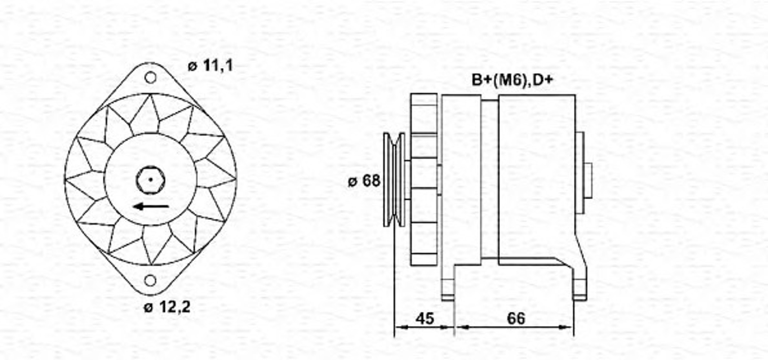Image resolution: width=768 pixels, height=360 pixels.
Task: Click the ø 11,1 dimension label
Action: [210, 66]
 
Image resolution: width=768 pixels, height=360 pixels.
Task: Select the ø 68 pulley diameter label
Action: [364, 181]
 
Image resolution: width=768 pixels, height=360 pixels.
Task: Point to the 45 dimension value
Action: [425, 318]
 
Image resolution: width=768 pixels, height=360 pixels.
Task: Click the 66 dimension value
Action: [516, 318]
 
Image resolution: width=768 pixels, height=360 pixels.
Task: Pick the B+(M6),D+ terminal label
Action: [512, 80]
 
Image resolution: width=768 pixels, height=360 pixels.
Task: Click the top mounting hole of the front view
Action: [150, 78]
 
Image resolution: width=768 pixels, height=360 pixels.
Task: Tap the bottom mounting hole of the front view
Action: [150, 281]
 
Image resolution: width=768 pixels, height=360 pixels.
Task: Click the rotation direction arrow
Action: [151, 206]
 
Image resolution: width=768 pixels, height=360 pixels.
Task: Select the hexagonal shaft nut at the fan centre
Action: [150, 180]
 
